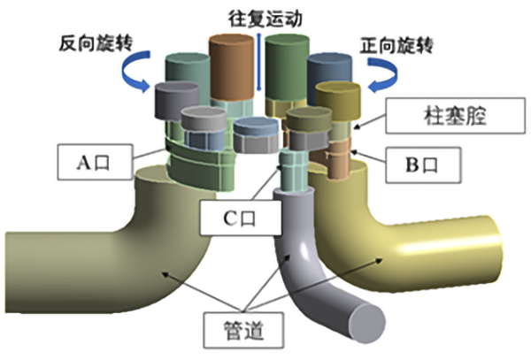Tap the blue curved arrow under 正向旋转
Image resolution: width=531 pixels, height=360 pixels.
click(382, 78)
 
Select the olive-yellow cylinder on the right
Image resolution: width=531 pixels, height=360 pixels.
click(338, 97)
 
